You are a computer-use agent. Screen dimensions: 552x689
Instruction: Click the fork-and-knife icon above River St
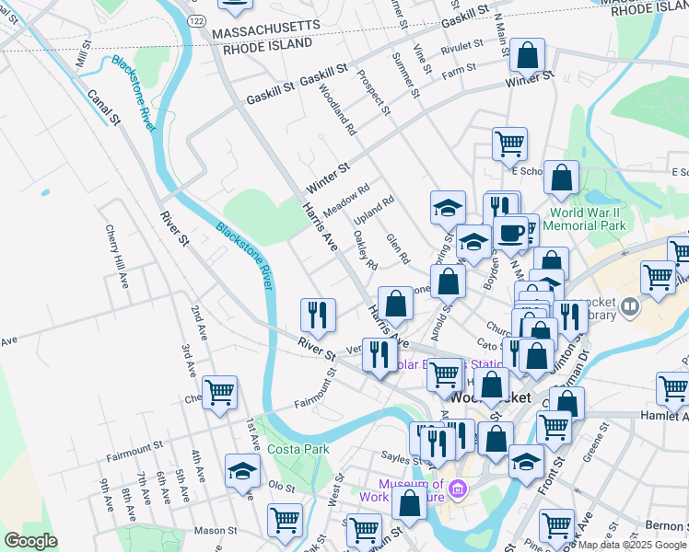coord(317,315)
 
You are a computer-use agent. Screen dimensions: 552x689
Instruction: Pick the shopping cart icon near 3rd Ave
coord(219,392)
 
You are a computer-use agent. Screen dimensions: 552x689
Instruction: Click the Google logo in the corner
coord(30,541)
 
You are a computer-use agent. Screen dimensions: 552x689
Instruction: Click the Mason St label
coord(216,531)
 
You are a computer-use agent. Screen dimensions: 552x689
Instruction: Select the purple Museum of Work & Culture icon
coord(458,494)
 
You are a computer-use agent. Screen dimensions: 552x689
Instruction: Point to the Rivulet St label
coord(461,45)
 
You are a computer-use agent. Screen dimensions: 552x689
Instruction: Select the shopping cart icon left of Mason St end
coord(285,520)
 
